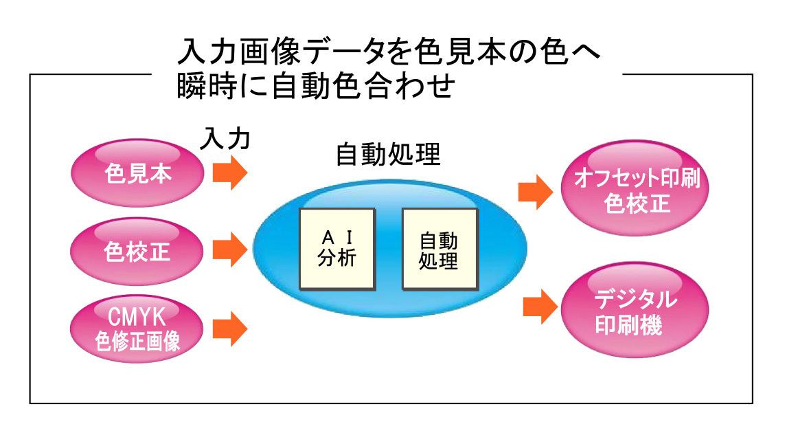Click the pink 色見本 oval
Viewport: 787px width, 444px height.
pos(138,173)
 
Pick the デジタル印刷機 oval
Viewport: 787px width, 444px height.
pos(636,313)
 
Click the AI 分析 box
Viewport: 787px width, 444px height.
pos(337,248)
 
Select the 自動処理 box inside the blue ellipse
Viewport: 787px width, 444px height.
pos(439,248)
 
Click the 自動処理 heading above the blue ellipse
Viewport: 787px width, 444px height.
pos(388,155)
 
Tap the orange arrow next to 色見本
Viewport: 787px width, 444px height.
pos(229,173)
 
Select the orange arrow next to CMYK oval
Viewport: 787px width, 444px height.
pos(229,329)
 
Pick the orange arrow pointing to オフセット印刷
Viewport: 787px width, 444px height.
pos(535,192)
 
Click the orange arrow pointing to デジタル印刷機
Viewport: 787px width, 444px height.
pos(540,307)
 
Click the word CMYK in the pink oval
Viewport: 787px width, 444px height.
pos(137,318)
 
